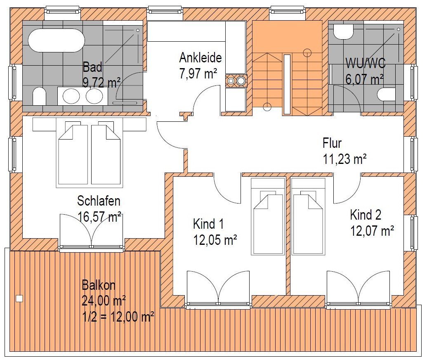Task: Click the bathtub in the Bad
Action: click(56, 40)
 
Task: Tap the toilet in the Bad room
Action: click(39, 96)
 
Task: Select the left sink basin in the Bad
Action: click(71, 96)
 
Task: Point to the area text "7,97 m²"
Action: click(198, 73)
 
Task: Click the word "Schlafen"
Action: click(99, 201)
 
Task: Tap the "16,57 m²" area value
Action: click(100, 217)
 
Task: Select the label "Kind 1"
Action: click(208, 224)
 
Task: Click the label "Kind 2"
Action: click(366, 215)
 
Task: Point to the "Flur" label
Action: click(332, 143)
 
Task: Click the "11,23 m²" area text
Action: click(344, 159)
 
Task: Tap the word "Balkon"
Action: click(99, 285)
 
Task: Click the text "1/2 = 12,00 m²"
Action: click(118, 317)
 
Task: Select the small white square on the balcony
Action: click(19, 298)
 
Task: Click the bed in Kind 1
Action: click(268, 217)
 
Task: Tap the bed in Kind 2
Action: click(308, 217)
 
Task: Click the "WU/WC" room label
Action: click(366, 63)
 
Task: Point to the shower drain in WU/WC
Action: click(399, 29)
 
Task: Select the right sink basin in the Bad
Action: click(94, 96)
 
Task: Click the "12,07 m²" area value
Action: click(372, 231)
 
